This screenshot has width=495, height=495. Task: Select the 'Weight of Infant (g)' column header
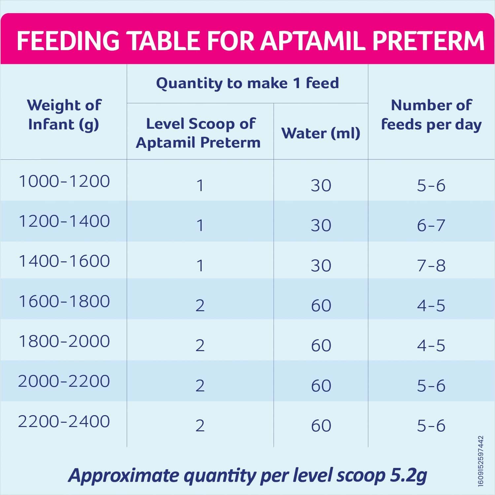click(64, 115)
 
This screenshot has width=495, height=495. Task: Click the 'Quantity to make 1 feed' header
click(247, 83)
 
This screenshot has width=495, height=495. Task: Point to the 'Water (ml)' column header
click(320, 133)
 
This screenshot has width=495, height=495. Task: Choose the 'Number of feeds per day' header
click(431, 115)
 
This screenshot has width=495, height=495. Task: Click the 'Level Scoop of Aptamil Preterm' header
click(199, 133)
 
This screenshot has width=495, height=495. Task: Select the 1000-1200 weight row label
click(64, 181)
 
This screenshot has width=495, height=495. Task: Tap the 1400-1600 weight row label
click(64, 261)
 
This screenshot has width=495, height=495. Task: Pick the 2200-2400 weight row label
click(64, 421)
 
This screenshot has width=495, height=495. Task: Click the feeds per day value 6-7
click(431, 225)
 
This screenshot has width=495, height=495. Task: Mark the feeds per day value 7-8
click(431, 266)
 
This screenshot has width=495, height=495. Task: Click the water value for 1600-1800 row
click(321, 306)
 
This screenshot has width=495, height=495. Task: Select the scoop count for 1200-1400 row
click(200, 225)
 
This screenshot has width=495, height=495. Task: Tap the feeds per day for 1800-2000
click(431, 346)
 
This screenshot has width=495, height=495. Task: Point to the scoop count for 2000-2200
click(200, 386)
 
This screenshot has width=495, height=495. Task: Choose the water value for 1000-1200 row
click(321, 185)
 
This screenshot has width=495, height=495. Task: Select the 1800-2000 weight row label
click(64, 341)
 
